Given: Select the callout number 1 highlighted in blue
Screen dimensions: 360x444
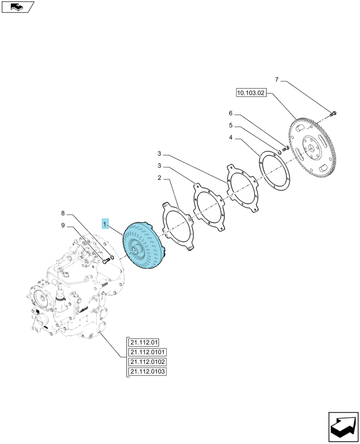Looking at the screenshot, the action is click(x=105, y=224).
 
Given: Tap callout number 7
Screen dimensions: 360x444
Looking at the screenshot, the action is click(x=277, y=80).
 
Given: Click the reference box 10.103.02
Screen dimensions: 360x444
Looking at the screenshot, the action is click(x=251, y=93).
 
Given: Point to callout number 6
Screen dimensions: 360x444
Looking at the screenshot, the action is click(x=231, y=113).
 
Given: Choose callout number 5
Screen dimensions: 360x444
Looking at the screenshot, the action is click(x=231, y=126).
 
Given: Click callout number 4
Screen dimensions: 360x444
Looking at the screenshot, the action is click(x=231, y=138).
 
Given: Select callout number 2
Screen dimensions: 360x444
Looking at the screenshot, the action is click(x=159, y=178).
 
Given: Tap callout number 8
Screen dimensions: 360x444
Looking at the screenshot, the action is click(x=63, y=214).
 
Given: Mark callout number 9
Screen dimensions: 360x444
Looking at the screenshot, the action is click(x=63, y=226).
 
